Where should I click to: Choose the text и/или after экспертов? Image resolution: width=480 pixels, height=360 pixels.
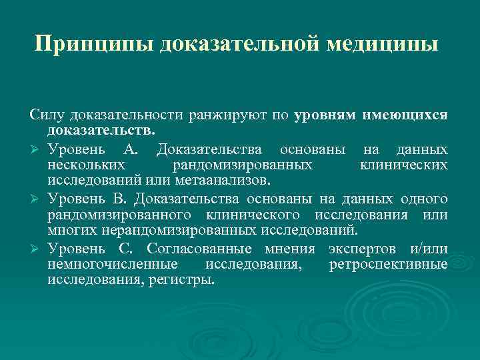tap(430, 249)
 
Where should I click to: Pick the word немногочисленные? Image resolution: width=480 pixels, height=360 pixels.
tap(108, 265)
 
